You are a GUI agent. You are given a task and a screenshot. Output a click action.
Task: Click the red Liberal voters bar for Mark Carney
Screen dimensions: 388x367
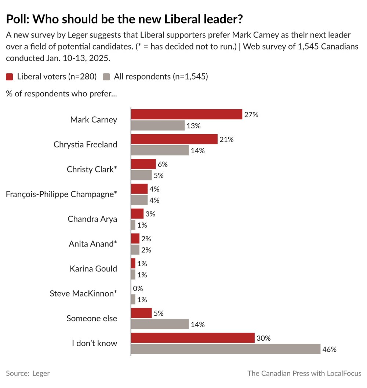[186, 114]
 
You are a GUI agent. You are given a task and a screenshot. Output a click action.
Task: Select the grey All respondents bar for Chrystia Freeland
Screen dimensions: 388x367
[160, 150]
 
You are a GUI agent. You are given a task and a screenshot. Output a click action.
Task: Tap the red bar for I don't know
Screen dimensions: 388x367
[193, 338]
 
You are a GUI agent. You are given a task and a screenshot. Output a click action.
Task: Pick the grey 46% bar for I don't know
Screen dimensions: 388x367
[226, 349]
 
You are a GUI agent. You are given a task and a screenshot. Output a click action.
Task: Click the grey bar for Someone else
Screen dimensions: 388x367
[160, 324]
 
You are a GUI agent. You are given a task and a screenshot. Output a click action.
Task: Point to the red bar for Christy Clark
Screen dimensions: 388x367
[143, 164]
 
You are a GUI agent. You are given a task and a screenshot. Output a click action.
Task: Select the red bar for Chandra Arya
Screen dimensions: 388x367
[137, 214]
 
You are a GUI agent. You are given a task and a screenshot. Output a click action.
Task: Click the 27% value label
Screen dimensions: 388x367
[251, 114]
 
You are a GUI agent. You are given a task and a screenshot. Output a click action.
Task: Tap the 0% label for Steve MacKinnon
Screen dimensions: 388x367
[138, 289]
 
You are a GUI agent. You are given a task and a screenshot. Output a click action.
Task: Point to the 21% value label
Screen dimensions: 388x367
[226, 139]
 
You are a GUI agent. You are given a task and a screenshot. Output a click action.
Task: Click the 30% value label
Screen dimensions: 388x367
[264, 338]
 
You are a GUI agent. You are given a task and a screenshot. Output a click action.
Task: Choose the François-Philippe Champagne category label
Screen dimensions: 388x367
[62, 194]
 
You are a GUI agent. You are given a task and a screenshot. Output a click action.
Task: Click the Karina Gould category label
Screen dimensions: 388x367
[93, 269]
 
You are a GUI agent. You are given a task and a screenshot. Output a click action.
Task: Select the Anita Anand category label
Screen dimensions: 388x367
[93, 244]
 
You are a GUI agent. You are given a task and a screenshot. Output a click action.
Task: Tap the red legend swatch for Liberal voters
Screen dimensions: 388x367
[10, 77]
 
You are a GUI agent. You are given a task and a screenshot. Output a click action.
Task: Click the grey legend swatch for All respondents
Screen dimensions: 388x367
[106, 77]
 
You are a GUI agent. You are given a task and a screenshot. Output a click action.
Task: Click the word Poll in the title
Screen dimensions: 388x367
[18, 19]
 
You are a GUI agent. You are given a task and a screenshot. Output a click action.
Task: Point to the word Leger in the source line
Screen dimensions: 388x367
[41, 373]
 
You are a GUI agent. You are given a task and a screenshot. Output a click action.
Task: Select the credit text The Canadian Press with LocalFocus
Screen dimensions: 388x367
[304, 373]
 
